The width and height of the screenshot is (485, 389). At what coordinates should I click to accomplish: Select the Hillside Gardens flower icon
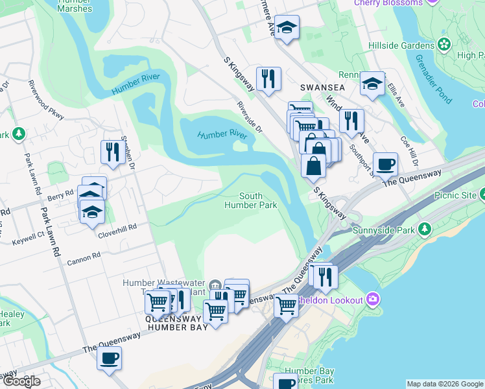pyautogui.click(x=444, y=45)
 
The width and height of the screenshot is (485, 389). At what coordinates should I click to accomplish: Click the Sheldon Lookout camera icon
pyautogui.click(x=373, y=299)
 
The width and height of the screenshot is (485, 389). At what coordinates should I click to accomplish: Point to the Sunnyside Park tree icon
pyautogui.click(x=425, y=229)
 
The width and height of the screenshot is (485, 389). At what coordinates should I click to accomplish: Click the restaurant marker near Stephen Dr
pyautogui.click(x=113, y=152)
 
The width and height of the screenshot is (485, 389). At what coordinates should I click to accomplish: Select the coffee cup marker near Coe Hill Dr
pyautogui.click(x=385, y=165)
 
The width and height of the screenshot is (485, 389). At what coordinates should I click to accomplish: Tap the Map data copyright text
pyautogui.click(x=444, y=384)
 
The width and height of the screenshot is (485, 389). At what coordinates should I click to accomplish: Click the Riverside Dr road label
pyautogui.click(x=250, y=117)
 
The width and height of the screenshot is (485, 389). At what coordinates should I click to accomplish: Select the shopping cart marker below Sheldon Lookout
pyautogui.click(x=285, y=305)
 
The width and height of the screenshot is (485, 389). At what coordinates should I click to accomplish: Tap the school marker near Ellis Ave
pyautogui.click(x=372, y=84)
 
